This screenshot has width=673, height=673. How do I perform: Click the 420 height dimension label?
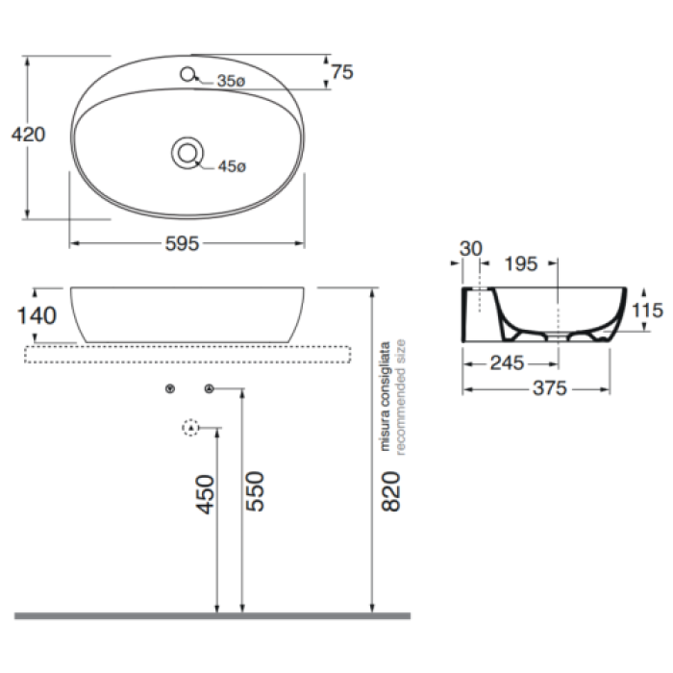coord(28,135)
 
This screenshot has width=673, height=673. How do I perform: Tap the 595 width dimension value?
coord(182,244)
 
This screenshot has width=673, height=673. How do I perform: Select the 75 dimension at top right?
coord(342,72)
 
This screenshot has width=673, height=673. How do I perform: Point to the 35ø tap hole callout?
coord(231,81)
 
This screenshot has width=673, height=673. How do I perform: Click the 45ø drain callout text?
coord(232,166)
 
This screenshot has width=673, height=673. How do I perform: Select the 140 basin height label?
coord(37,316)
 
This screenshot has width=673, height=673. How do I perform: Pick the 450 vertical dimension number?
coord(205,494)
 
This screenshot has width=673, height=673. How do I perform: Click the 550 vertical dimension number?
coord(255,491)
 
